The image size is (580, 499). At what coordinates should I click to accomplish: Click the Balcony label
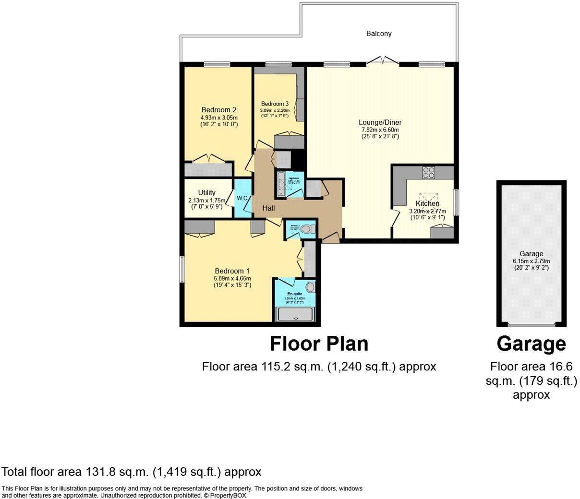click(379, 34)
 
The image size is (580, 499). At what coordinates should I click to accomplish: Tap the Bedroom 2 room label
click(218, 109)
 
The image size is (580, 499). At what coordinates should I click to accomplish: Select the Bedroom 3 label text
click(275, 104)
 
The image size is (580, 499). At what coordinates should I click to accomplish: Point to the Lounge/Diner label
click(381, 122)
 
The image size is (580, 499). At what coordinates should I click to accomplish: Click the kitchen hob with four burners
click(428, 172)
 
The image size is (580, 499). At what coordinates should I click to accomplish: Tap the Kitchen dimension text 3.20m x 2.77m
click(427, 211)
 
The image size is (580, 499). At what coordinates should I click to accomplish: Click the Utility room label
click(207, 193)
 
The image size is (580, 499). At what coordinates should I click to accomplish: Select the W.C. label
click(242, 198)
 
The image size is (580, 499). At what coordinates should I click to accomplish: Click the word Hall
click(268, 208)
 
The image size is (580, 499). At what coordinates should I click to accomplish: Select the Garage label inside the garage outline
click(531, 254)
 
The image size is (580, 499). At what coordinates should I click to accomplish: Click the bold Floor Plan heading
click(319, 344)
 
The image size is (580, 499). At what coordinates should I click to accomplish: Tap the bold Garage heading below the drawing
click(531, 344)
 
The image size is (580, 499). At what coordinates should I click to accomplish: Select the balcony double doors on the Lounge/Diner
click(383, 60)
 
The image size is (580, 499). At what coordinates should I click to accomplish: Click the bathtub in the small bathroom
click(280, 184)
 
